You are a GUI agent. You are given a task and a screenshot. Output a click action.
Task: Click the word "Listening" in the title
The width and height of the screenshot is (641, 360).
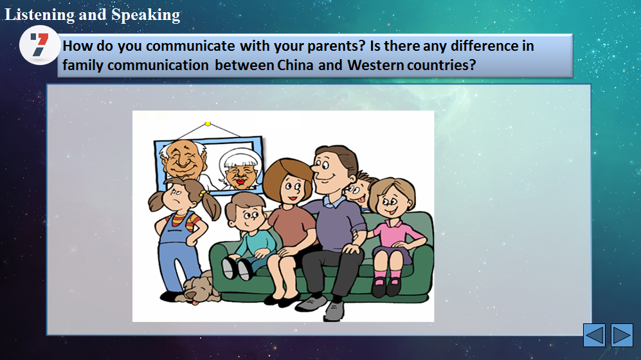pyautogui.click(x=40, y=15)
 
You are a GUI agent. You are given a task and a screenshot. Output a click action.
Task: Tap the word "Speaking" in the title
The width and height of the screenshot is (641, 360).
pyautogui.click(x=145, y=15)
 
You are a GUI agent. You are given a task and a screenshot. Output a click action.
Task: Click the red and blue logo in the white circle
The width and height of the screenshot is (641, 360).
pyautogui.click(x=39, y=44)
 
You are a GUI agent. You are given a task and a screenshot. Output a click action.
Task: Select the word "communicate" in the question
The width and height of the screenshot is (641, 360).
pyautogui.click(x=190, y=46)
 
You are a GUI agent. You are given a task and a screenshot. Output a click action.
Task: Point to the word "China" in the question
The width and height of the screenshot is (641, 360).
pyautogui.click(x=295, y=65)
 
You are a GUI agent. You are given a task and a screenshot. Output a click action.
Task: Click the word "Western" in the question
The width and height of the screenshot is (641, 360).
pyautogui.click(x=375, y=65)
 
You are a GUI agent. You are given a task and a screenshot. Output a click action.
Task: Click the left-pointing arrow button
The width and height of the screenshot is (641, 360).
pyautogui.click(x=594, y=335)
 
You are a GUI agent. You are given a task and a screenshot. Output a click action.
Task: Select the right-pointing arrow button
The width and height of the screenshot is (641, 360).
pyautogui.click(x=622, y=335)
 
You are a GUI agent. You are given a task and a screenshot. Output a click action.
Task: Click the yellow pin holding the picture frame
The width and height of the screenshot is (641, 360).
pyautogui.click(x=208, y=123)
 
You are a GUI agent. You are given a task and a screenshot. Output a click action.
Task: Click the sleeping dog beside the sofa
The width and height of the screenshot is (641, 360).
pyautogui.click(x=197, y=288)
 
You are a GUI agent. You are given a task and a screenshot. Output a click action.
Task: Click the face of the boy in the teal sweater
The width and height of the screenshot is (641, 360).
pyautogui.click(x=246, y=217)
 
